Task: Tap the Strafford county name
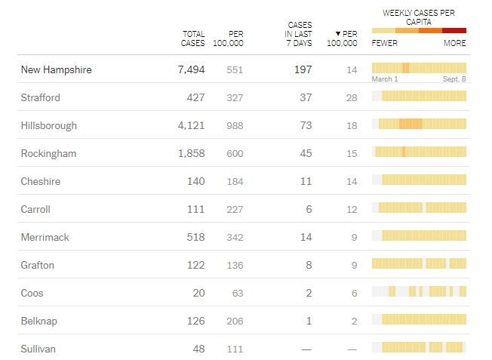(40, 97)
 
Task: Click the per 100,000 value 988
(235, 125)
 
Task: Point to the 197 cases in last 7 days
(302, 69)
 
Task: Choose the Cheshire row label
(41, 181)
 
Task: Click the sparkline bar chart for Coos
(419, 292)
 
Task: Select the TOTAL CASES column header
(193, 38)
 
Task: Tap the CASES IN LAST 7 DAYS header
(300, 34)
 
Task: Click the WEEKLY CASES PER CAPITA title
(419, 17)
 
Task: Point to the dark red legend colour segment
(454, 30)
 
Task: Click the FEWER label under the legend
(385, 43)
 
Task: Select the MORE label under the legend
(455, 43)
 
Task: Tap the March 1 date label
(385, 79)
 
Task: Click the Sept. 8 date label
(454, 79)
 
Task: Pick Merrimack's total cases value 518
(195, 237)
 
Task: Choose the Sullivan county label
(38, 349)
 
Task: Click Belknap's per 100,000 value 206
(235, 321)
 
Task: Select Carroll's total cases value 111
(196, 209)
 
